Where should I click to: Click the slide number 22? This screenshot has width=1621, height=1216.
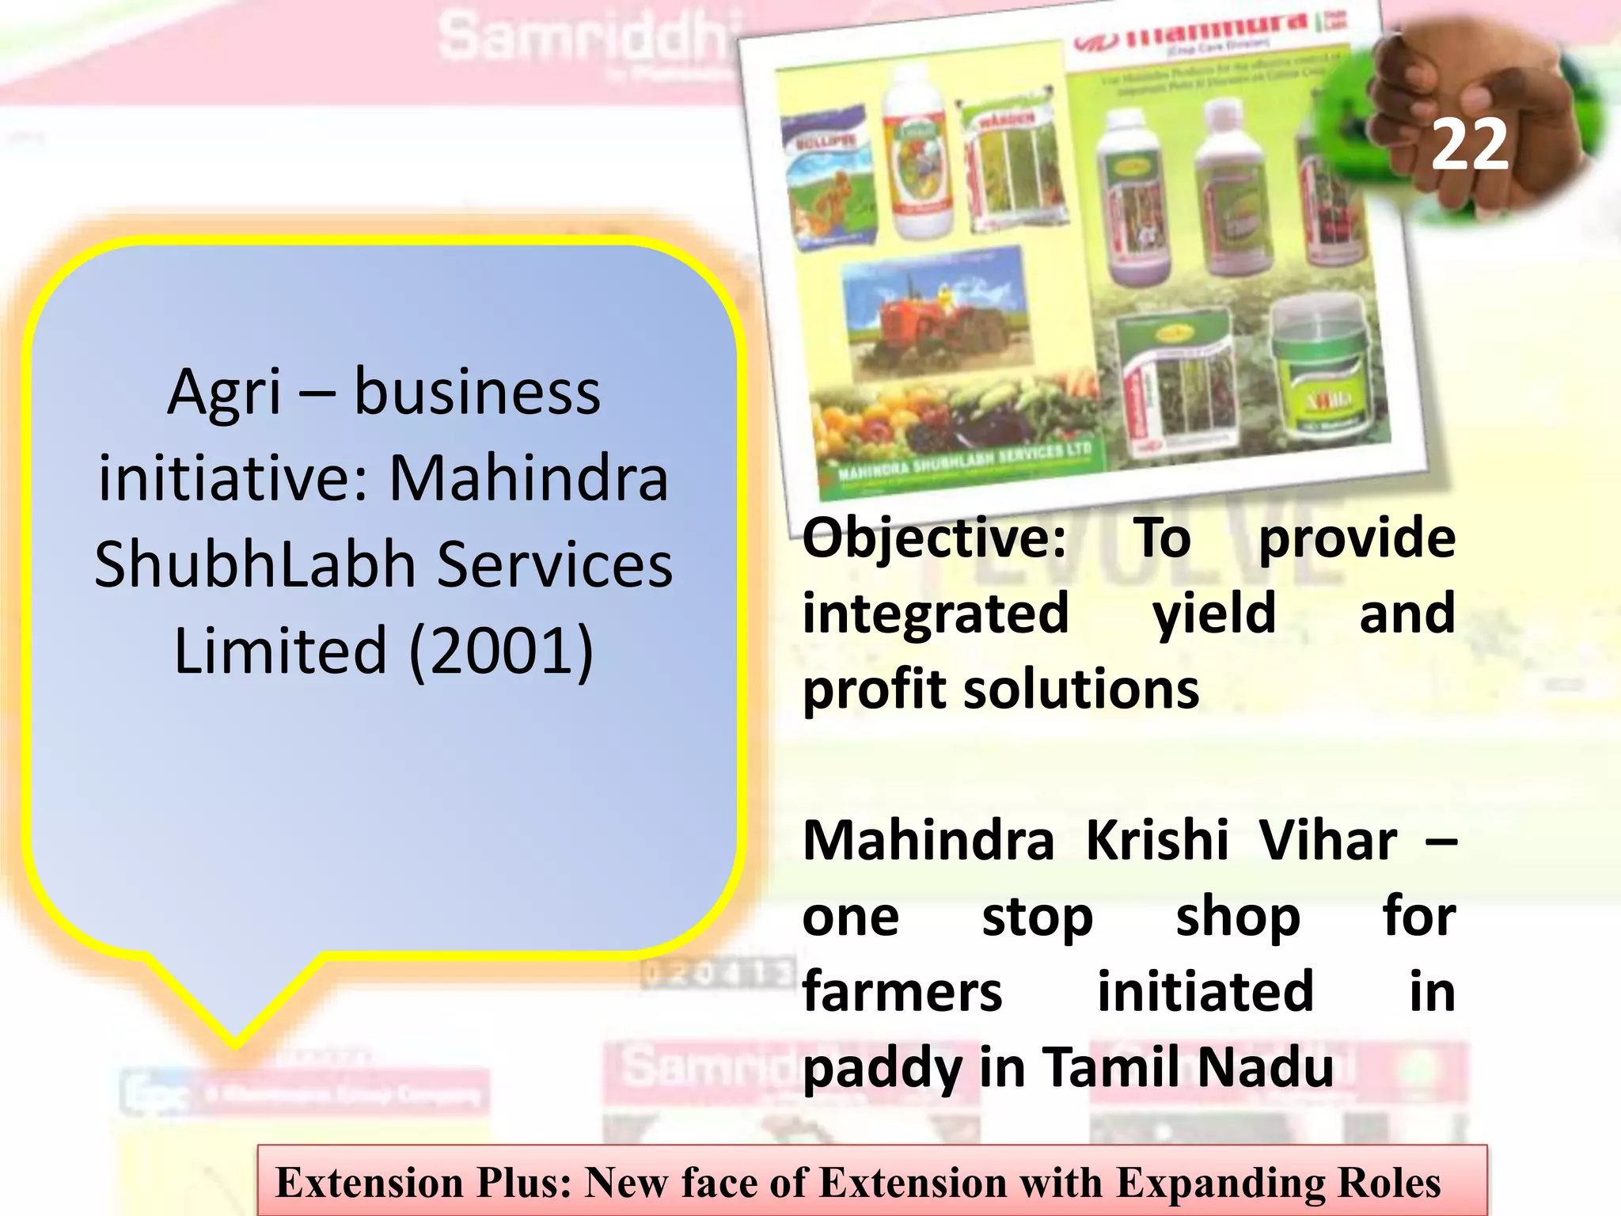point(1470,145)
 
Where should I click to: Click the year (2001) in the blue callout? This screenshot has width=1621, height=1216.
point(502,651)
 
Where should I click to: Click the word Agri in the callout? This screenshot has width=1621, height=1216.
point(225,393)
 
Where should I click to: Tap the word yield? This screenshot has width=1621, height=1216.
point(1213,614)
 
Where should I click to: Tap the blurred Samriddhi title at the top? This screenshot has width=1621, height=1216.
point(582,37)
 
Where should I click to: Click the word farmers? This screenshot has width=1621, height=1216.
point(902,993)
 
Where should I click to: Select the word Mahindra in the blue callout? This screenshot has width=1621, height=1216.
point(529,478)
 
